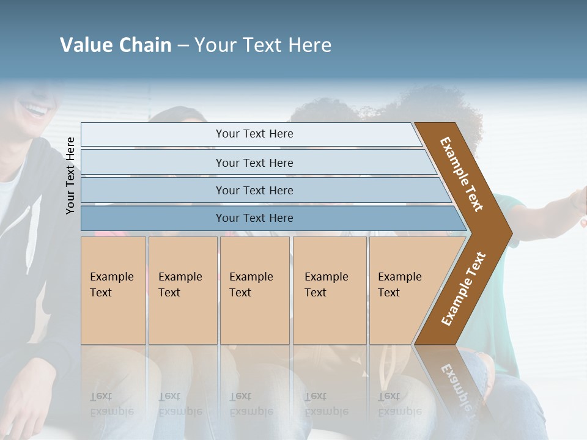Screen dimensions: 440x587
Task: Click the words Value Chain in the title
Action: coord(116,45)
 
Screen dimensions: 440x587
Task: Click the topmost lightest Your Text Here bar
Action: coord(254,134)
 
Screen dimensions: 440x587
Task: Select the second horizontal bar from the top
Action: coord(254,163)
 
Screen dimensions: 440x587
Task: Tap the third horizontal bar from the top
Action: coord(254,190)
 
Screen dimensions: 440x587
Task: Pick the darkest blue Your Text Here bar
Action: coord(254,218)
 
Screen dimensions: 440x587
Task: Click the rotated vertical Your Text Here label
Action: coord(70,175)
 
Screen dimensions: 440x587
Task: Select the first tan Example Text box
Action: coord(113,290)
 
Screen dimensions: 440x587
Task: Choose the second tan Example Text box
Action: coord(183,290)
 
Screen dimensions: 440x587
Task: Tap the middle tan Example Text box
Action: coord(254,290)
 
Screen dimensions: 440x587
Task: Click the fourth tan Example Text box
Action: coord(330,290)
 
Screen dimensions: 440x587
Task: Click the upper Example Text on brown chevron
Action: coord(462,174)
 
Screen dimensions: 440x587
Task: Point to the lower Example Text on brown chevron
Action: coord(463,288)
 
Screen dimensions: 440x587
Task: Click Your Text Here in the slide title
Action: coord(263,45)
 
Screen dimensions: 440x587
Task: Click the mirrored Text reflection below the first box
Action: coord(101,397)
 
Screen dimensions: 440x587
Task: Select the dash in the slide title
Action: coord(183,46)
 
